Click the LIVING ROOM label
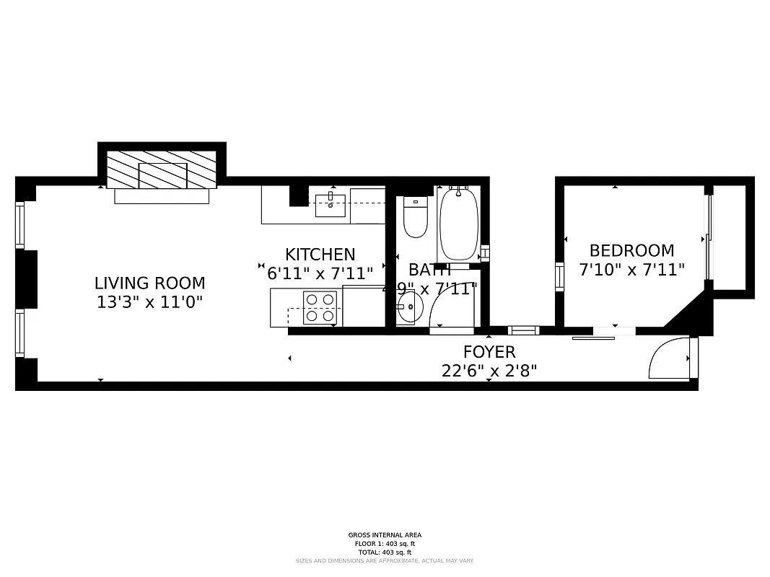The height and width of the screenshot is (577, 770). pyautogui.click(x=150, y=283)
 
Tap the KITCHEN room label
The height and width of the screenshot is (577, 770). pyautogui.click(x=320, y=255)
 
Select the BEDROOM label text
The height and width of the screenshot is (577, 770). pyautogui.click(x=631, y=251)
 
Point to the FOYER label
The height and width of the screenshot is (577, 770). pyautogui.click(x=489, y=352)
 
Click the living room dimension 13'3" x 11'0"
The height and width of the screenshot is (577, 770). pyautogui.click(x=150, y=302)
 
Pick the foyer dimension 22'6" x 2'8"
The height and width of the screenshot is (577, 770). pyautogui.click(x=489, y=371)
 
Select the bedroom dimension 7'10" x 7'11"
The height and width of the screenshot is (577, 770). pyautogui.click(x=631, y=270)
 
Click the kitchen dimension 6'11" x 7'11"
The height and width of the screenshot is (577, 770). pyautogui.click(x=320, y=273)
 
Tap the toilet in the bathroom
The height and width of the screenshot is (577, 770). pyautogui.click(x=415, y=217)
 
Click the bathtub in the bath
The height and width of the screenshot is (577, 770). pyautogui.click(x=458, y=224)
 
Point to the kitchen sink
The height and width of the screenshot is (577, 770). pyautogui.click(x=331, y=201)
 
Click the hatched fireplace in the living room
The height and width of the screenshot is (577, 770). pyautogui.click(x=162, y=170)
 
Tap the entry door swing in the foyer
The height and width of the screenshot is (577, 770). pyautogui.click(x=669, y=358)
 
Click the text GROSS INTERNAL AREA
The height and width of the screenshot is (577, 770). pyautogui.click(x=385, y=535)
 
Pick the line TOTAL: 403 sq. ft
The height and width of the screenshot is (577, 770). pyautogui.click(x=385, y=552)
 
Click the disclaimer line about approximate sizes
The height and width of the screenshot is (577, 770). pyautogui.click(x=385, y=560)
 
